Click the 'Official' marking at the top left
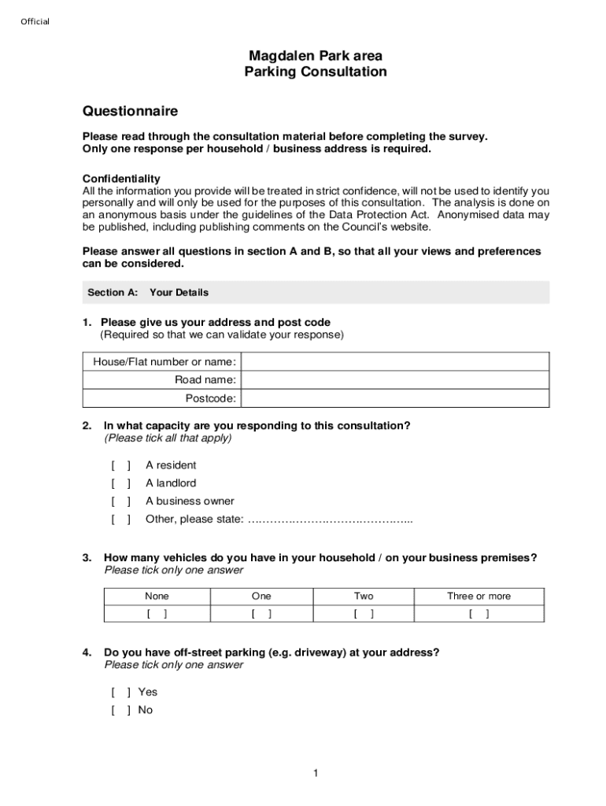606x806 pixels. (x=35, y=21)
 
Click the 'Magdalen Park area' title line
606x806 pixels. (x=316, y=56)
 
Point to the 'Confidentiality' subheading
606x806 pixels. (x=121, y=179)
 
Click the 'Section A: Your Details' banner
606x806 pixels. (x=316, y=292)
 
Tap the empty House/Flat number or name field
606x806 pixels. (x=395, y=361)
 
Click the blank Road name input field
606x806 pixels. (x=395, y=380)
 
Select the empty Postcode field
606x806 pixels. (x=395, y=398)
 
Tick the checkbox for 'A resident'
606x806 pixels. (x=121, y=465)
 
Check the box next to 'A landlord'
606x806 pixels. (x=121, y=483)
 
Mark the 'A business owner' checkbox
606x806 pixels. (x=121, y=501)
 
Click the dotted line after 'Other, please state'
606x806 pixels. (x=330, y=519)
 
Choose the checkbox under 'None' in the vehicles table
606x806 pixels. (x=157, y=614)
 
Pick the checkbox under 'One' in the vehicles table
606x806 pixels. (x=261, y=614)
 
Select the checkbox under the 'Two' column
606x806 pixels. (x=364, y=614)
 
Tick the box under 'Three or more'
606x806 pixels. (x=479, y=614)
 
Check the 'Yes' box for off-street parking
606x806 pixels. (x=121, y=692)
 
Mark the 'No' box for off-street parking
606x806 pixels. (x=121, y=710)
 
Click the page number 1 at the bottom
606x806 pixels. (x=315, y=774)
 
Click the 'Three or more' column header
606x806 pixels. (x=479, y=596)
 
